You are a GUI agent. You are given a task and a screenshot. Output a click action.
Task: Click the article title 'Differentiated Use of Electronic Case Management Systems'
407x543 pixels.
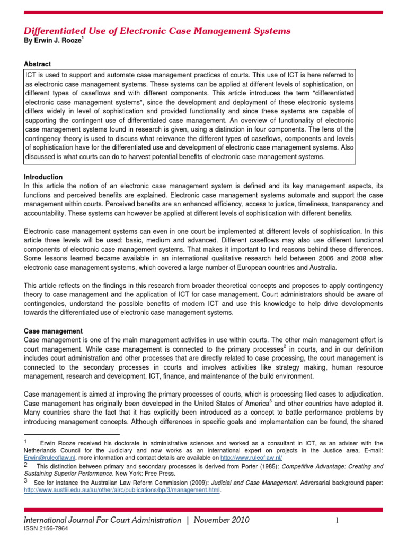(157, 31)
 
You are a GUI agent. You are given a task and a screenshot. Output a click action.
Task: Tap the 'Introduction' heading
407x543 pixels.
(43, 177)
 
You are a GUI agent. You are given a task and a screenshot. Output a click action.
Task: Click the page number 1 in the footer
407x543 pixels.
(337, 520)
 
